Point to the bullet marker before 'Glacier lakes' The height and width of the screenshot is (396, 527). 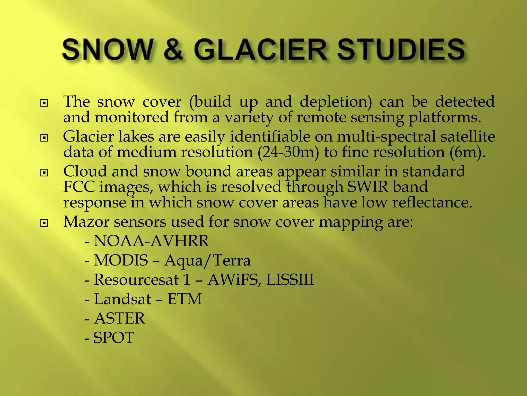[x=44, y=138]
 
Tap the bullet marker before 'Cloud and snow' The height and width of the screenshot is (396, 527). [x=44, y=173]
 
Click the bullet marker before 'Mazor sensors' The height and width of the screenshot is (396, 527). [x=44, y=223]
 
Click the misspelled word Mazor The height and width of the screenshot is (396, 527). [x=86, y=221]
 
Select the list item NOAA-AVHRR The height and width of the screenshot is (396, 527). [x=151, y=241]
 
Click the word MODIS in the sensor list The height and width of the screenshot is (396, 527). [x=121, y=260]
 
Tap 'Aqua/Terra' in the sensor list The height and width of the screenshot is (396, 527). [x=207, y=260]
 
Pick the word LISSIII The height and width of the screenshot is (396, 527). [x=290, y=280]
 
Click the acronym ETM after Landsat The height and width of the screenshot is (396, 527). [x=185, y=299]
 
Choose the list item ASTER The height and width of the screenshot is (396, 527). [x=119, y=318]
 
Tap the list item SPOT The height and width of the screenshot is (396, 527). [x=113, y=337]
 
